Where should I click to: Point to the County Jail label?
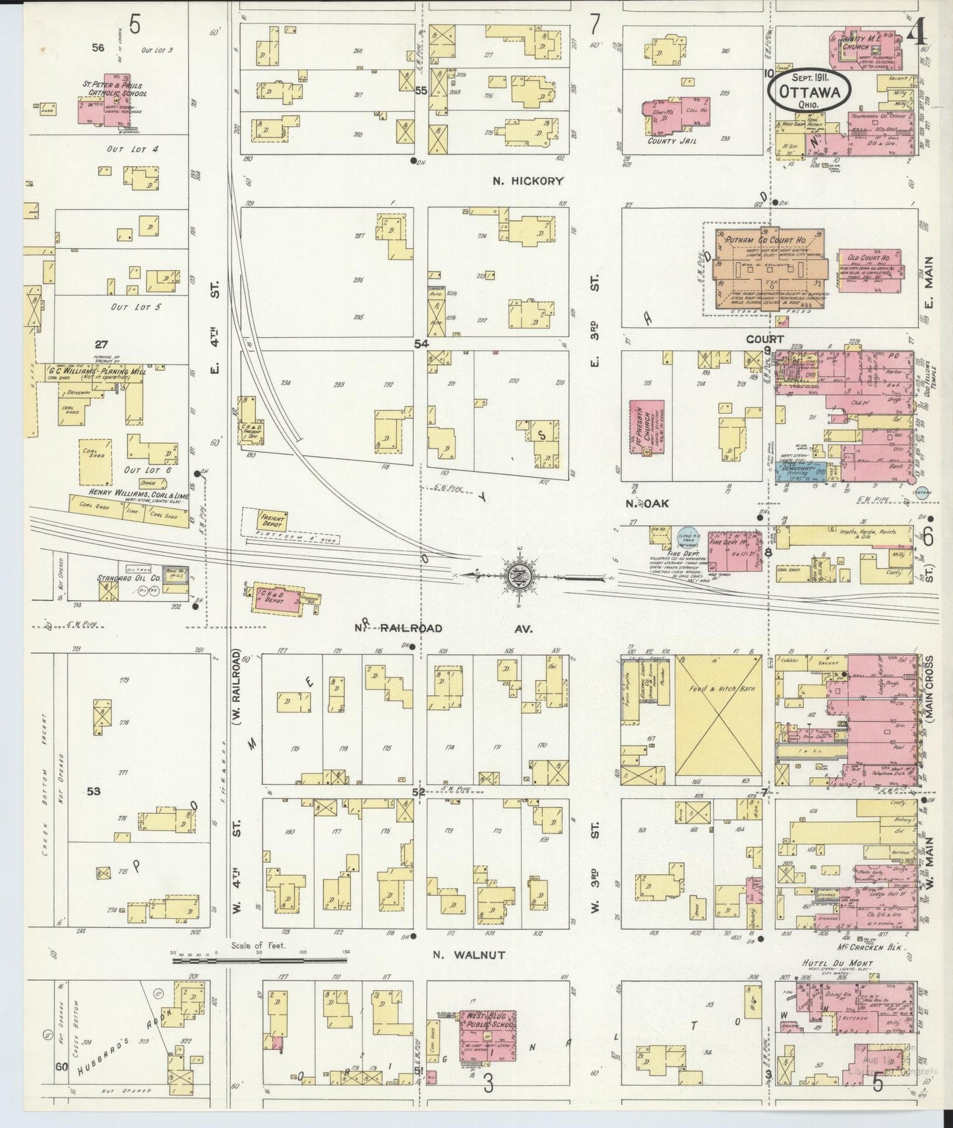671,141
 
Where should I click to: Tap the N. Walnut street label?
469,955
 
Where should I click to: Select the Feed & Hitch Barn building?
718,716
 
